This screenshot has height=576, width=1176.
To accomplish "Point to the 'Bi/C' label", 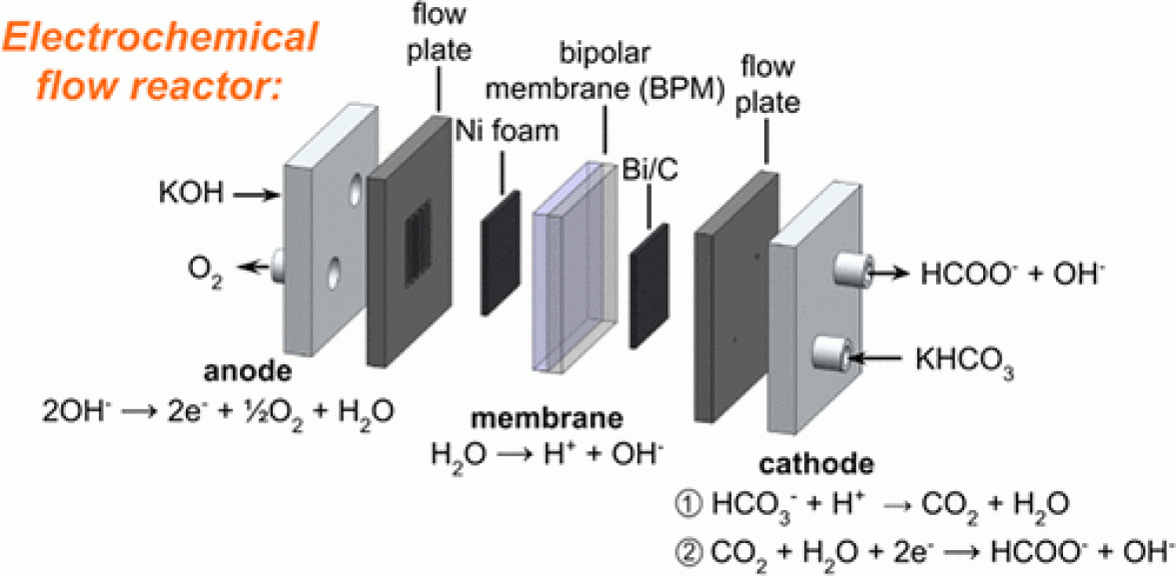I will tap(649, 171).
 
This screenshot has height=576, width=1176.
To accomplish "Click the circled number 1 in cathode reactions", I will tap(688, 504).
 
